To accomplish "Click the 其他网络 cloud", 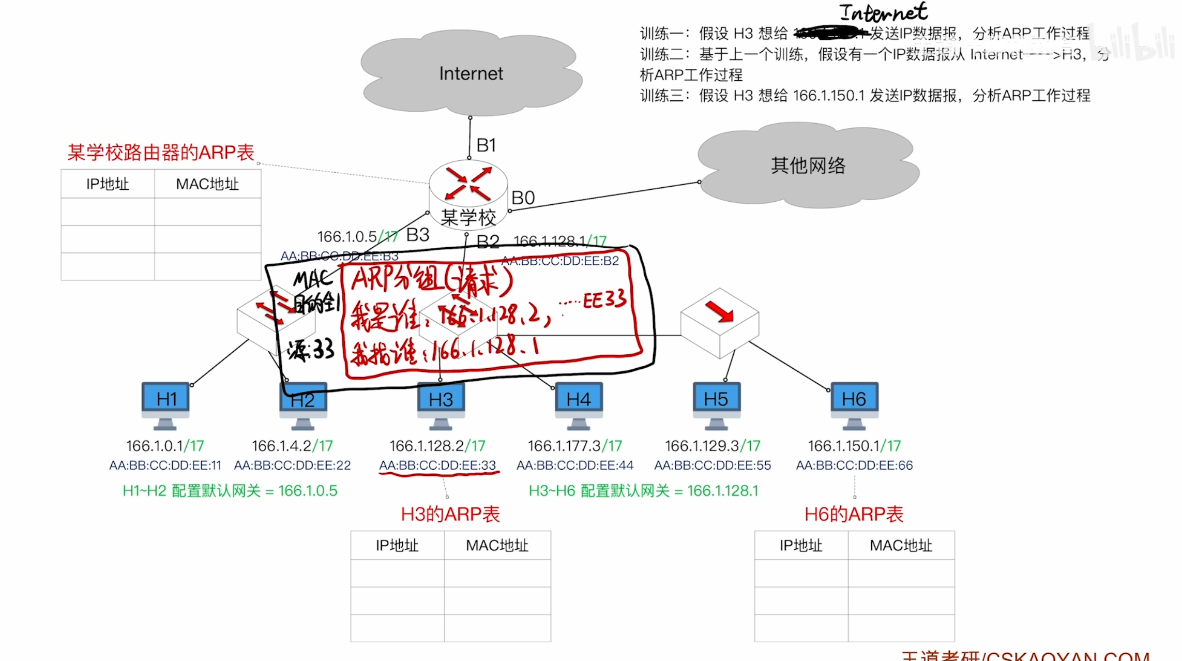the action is pos(808,166).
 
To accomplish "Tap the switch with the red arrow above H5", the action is pos(719,321).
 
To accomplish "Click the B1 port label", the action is pos(486,145).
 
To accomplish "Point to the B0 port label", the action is pos(523,198).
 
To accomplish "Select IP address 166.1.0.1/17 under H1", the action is pos(165,446).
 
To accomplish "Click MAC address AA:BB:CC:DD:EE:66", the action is pos(854,465).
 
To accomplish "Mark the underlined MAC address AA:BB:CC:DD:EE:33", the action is pos(437,465).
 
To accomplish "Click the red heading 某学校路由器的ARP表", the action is pos(161,153).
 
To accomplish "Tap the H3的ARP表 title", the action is pos(450,514).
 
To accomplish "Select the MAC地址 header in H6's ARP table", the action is pos(901,546).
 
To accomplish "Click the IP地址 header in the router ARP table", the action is pos(108,184).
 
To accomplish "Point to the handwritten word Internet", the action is pos(883,12).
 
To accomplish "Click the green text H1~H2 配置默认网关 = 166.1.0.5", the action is pos(230,490).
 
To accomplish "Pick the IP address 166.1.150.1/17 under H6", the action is pos(854,446).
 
